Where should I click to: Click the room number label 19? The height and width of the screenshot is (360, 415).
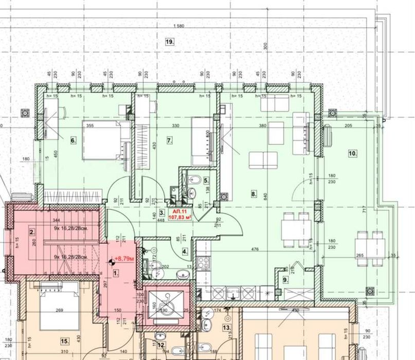click(x=169, y=42)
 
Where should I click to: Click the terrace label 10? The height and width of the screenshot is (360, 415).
click(x=352, y=153)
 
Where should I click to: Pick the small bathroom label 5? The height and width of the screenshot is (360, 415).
click(x=205, y=181)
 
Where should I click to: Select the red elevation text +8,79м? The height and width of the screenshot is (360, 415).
click(x=124, y=259)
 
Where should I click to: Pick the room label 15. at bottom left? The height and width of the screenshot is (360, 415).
click(x=64, y=340)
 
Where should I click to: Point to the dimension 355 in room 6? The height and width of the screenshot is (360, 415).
click(x=89, y=125)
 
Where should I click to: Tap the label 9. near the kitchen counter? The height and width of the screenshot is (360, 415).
click(x=285, y=279)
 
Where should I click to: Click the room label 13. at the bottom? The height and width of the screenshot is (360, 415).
click(x=226, y=327)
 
